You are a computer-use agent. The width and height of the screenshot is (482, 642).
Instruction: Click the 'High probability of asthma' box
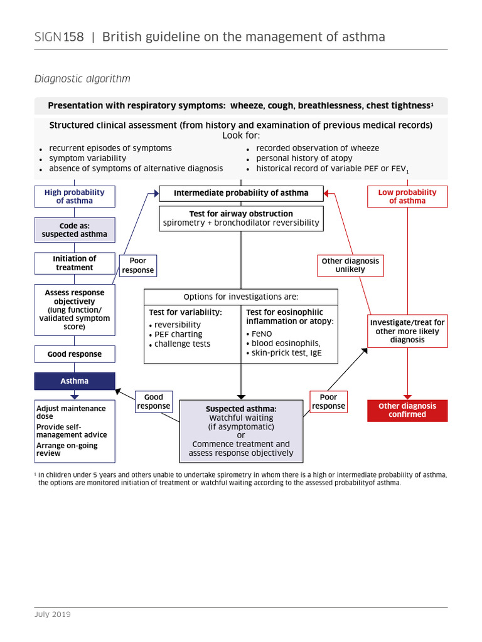coord(74,196)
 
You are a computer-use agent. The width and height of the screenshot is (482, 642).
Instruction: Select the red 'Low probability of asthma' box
coord(407,196)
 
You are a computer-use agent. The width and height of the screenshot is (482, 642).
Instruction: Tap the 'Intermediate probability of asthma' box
coord(241,193)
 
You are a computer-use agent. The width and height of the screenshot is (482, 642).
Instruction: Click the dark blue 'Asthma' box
coord(74,381)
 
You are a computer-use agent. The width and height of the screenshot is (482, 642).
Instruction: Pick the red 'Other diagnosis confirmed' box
coord(407,410)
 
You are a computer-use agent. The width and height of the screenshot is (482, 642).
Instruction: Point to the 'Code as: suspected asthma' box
coord(74,229)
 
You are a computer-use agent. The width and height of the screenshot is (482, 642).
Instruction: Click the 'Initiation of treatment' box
coord(74,263)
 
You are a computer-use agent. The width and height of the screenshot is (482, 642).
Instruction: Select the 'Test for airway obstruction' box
coord(241,218)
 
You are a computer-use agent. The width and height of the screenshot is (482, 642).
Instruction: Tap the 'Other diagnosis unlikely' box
coord(350,265)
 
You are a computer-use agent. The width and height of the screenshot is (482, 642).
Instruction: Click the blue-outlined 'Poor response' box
coord(137,265)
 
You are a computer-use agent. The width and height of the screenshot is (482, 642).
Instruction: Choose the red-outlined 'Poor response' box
coord(328,401)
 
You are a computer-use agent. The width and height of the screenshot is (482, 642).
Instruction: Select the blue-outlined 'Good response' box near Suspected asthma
coord(153,401)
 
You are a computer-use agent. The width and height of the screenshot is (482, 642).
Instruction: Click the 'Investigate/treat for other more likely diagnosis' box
coord(407,331)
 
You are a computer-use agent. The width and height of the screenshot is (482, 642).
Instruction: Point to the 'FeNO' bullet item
coord(262,334)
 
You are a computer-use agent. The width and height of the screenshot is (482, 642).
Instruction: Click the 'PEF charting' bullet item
coord(178,334)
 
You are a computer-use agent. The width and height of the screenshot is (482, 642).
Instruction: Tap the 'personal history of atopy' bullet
coord(304,159)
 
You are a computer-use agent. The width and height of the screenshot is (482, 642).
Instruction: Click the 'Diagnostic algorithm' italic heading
coord(82,79)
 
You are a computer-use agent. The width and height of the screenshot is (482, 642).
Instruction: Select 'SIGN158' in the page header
coord(58,37)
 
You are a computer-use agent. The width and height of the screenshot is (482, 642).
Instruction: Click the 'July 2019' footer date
coord(52,614)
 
